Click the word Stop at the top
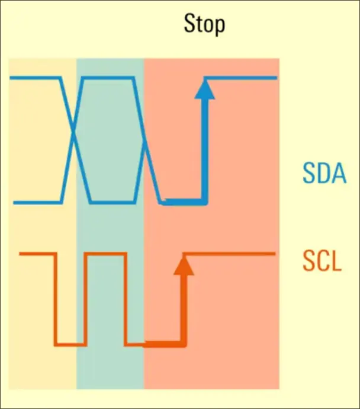coord(204,25)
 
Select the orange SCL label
coord(322,261)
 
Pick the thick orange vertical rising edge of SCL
coord(184,308)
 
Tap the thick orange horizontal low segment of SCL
coord(163,344)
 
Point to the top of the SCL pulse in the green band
coord(105,254)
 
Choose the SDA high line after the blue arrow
coord(243,78)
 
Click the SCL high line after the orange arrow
coord(231,254)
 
